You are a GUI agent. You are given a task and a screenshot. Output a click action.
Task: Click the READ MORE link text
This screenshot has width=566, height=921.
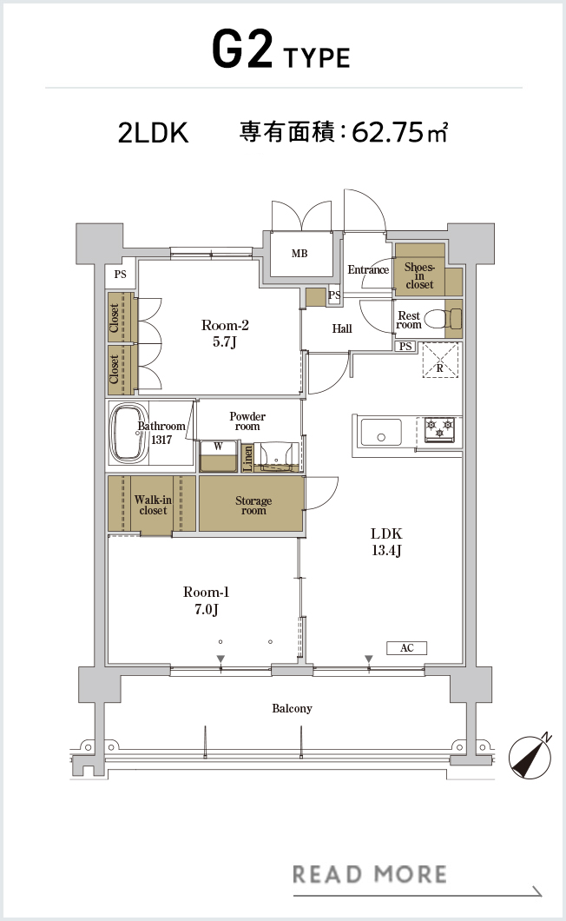tap(369, 874)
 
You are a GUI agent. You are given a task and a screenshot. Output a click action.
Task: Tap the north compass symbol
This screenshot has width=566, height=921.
tap(530, 757)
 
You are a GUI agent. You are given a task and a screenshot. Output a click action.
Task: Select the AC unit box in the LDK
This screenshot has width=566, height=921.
tap(406, 648)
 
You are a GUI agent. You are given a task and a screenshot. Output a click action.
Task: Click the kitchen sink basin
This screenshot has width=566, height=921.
tap(381, 433)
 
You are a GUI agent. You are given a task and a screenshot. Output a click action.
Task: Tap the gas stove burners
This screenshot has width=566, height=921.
tap(439, 429)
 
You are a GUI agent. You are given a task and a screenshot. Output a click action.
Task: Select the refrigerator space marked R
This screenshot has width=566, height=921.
tap(440, 361)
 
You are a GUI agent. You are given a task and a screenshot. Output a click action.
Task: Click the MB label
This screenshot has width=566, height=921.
tap(299, 254)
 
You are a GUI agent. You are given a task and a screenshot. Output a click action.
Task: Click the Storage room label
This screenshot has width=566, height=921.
tap(253, 505)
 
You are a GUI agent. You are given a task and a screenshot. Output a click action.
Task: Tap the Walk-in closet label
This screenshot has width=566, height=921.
tap(153, 505)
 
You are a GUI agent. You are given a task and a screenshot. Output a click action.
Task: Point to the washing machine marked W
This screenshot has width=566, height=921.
tap(218, 456)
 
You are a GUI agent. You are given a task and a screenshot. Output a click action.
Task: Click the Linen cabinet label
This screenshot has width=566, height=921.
tap(247, 458)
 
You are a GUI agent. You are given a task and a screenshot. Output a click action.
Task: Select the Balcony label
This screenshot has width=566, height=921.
tap(292, 708)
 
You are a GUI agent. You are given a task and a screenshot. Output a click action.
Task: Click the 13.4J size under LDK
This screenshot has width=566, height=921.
tap(386, 550)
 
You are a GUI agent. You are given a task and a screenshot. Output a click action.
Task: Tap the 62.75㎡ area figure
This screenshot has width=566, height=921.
tap(400, 132)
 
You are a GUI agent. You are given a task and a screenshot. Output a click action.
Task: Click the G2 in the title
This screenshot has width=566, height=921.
tap(242, 50)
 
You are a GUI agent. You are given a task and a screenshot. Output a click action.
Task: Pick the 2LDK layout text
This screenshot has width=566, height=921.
tap(154, 133)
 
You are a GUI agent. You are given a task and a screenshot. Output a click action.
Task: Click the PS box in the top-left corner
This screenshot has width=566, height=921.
tap(121, 275)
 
